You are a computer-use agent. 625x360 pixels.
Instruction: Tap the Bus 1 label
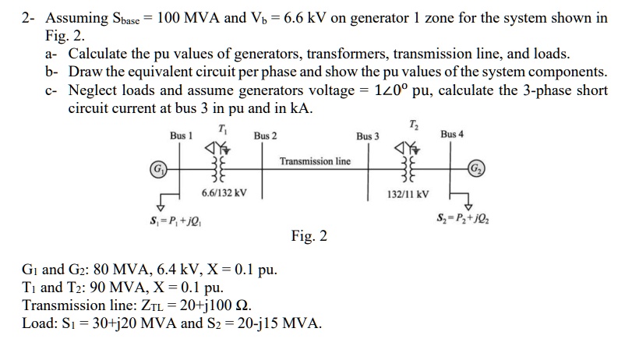(x=182, y=136)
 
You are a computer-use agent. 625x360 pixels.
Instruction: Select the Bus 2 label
(x=265, y=136)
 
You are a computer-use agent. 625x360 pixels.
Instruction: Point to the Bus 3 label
(x=368, y=136)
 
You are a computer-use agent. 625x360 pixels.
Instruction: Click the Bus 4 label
(x=452, y=134)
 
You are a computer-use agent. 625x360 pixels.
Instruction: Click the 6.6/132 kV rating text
(x=224, y=192)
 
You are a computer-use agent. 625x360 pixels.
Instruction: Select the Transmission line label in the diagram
(x=315, y=161)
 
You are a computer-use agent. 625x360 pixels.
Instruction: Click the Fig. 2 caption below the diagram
(x=309, y=235)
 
